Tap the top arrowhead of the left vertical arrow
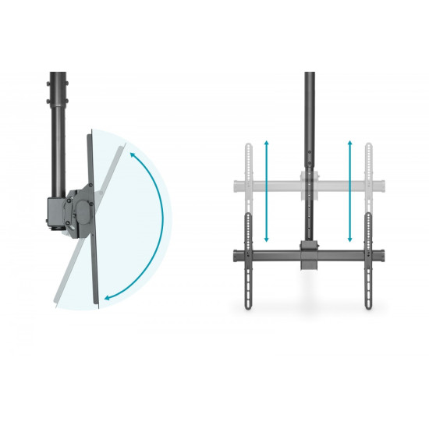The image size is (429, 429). tap(266, 144)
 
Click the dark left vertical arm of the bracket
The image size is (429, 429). tap(250, 261)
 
